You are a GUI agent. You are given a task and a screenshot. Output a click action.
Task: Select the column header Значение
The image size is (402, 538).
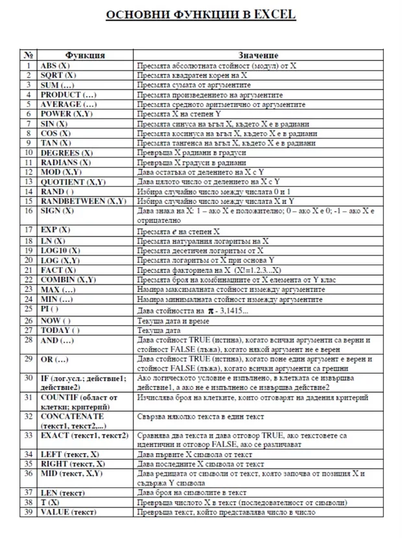pos(259,56)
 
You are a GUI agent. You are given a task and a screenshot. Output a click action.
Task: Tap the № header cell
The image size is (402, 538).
pos(29,56)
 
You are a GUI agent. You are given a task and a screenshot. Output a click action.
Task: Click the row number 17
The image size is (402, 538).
pos(29,229)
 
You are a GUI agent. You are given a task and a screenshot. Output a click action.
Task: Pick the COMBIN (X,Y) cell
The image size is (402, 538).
pos(68,279)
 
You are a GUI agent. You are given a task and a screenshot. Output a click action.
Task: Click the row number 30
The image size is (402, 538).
pos(29,378)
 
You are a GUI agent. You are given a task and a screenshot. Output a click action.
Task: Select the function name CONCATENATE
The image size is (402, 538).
pos(71,416)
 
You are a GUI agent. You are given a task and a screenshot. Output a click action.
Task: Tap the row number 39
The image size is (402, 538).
pos(29,512)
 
